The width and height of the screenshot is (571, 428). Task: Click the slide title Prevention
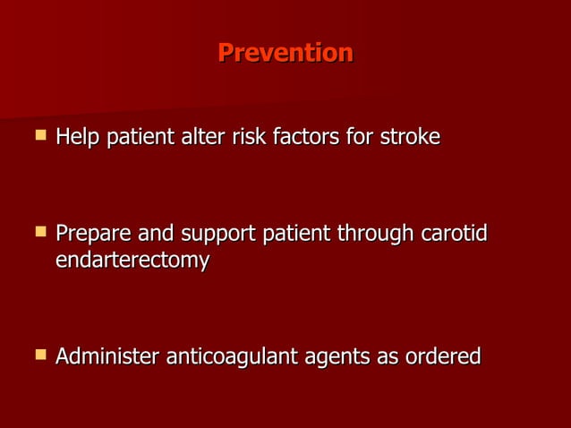285,53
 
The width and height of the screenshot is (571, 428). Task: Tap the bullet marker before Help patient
39,137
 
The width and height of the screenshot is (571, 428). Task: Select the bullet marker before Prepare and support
39,233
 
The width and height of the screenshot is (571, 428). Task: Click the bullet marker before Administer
39,355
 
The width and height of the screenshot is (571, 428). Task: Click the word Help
78,138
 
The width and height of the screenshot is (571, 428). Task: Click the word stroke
410,138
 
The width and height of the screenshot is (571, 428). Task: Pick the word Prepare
94,235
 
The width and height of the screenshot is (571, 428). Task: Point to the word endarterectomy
132,261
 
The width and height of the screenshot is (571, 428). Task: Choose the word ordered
442,356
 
